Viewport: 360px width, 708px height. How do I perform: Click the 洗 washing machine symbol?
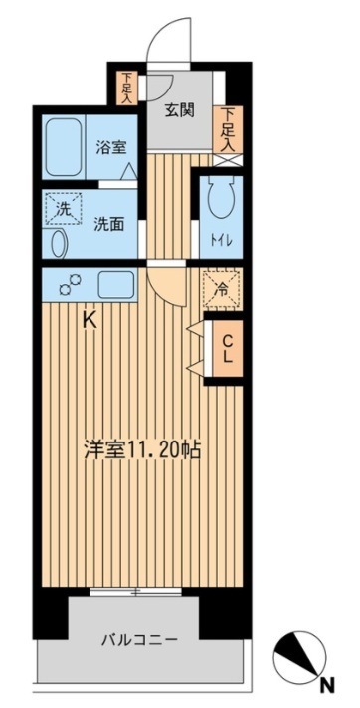(x=59, y=209)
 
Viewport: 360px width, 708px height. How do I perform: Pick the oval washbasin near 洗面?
(x=58, y=243)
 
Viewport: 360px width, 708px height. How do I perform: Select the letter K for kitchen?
(x=89, y=320)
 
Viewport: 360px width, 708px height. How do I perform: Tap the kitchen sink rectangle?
(x=117, y=285)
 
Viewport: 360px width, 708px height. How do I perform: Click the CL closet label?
(x=227, y=347)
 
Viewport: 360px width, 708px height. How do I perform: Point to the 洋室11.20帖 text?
(x=142, y=448)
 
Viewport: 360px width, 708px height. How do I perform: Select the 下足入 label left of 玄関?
(x=127, y=87)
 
